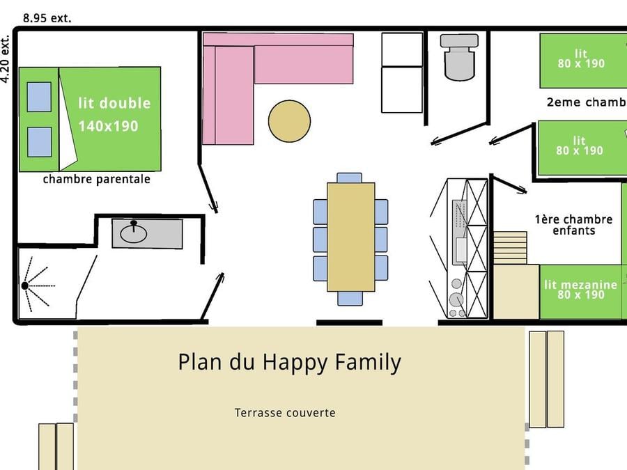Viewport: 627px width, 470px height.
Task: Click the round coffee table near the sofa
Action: point(289,121)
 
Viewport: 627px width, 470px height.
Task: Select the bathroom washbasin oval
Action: point(134,234)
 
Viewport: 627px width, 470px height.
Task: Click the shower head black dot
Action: point(25,285)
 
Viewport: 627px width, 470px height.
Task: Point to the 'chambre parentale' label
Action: point(96,180)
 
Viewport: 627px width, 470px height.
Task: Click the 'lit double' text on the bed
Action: point(114,103)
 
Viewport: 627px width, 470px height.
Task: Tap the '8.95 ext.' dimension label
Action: point(47,18)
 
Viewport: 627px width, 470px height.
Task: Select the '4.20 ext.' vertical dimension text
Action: point(5,60)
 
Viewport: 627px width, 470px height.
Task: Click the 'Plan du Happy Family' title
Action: point(289,363)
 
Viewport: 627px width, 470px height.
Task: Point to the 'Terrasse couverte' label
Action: point(285,412)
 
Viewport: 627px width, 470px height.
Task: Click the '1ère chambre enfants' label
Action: point(573,225)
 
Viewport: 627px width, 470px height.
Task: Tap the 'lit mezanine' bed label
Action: point(580,285)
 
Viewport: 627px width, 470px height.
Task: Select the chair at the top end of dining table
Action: point(350,178)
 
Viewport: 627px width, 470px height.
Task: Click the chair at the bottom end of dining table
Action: point(350,298)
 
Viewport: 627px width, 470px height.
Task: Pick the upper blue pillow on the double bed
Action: point(39,97)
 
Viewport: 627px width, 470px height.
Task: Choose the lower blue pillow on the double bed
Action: point(39,142)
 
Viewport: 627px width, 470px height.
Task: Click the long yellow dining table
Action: point(350,237)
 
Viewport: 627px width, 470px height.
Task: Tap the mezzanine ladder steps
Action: point(510,248)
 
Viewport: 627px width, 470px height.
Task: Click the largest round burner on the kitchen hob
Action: point(456,299)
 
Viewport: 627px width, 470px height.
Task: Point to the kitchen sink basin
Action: point(461,249)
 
